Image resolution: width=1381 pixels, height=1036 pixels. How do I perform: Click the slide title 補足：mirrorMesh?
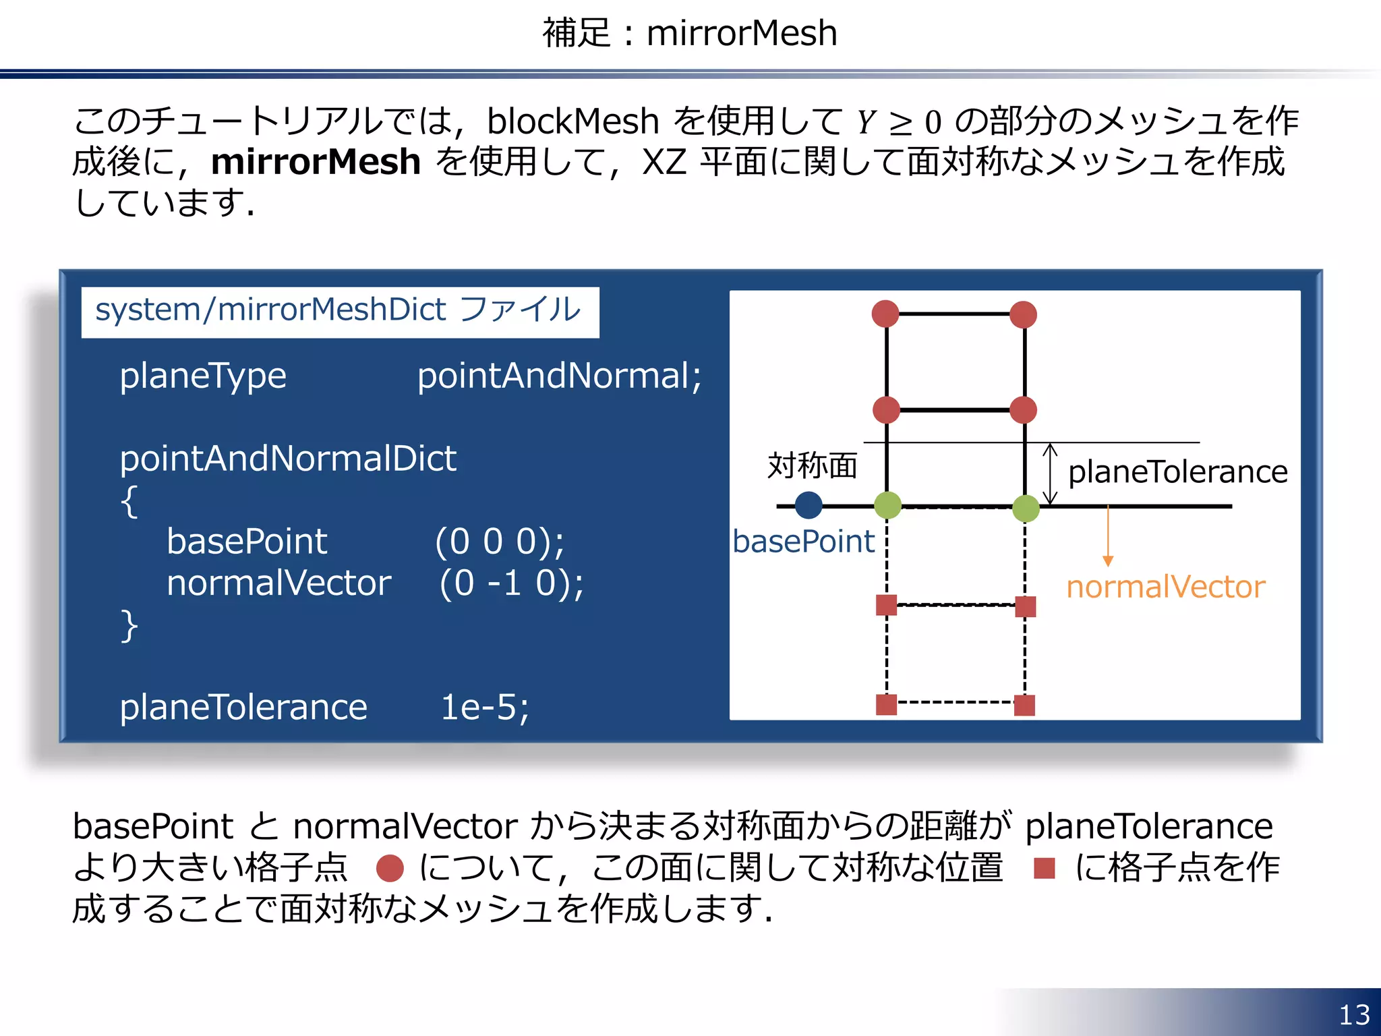[690, 33]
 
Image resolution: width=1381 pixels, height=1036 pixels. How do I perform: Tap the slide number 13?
[1354, 1014]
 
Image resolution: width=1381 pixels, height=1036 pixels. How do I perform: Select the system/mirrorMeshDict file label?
[339, 310]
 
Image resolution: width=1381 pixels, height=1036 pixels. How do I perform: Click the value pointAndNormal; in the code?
[559, 376]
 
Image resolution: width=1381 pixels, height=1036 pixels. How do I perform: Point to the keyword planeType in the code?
[203, 376]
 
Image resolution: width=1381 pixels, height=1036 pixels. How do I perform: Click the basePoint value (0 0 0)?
[500, 541]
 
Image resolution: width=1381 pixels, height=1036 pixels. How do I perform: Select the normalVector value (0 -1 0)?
[511, 583]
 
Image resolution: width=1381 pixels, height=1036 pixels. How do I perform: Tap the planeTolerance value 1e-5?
[485, 708]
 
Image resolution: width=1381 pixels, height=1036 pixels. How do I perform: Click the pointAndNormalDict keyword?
[288, 459]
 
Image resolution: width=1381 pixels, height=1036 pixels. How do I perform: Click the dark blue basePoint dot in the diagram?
[808, 505]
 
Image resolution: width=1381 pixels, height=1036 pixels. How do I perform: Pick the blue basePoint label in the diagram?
[803, 542]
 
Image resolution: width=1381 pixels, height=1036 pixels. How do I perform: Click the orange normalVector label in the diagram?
[1165, 587]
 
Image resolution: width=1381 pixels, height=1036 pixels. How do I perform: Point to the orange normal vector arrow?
[1107, 536]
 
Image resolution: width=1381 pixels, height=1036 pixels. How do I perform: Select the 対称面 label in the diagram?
[812, 465]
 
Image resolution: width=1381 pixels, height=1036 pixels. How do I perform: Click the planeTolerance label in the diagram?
[1177, 471]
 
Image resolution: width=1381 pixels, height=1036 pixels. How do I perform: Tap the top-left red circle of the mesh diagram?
[885, 314]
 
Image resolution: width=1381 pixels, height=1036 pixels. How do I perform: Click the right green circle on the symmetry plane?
[1026, 508]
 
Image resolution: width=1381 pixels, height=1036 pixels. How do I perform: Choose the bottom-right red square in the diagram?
[1024, 706]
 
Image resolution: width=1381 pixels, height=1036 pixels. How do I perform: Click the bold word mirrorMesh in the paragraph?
[316, 162]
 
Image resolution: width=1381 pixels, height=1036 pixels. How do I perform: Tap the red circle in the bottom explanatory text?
[390, 868]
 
